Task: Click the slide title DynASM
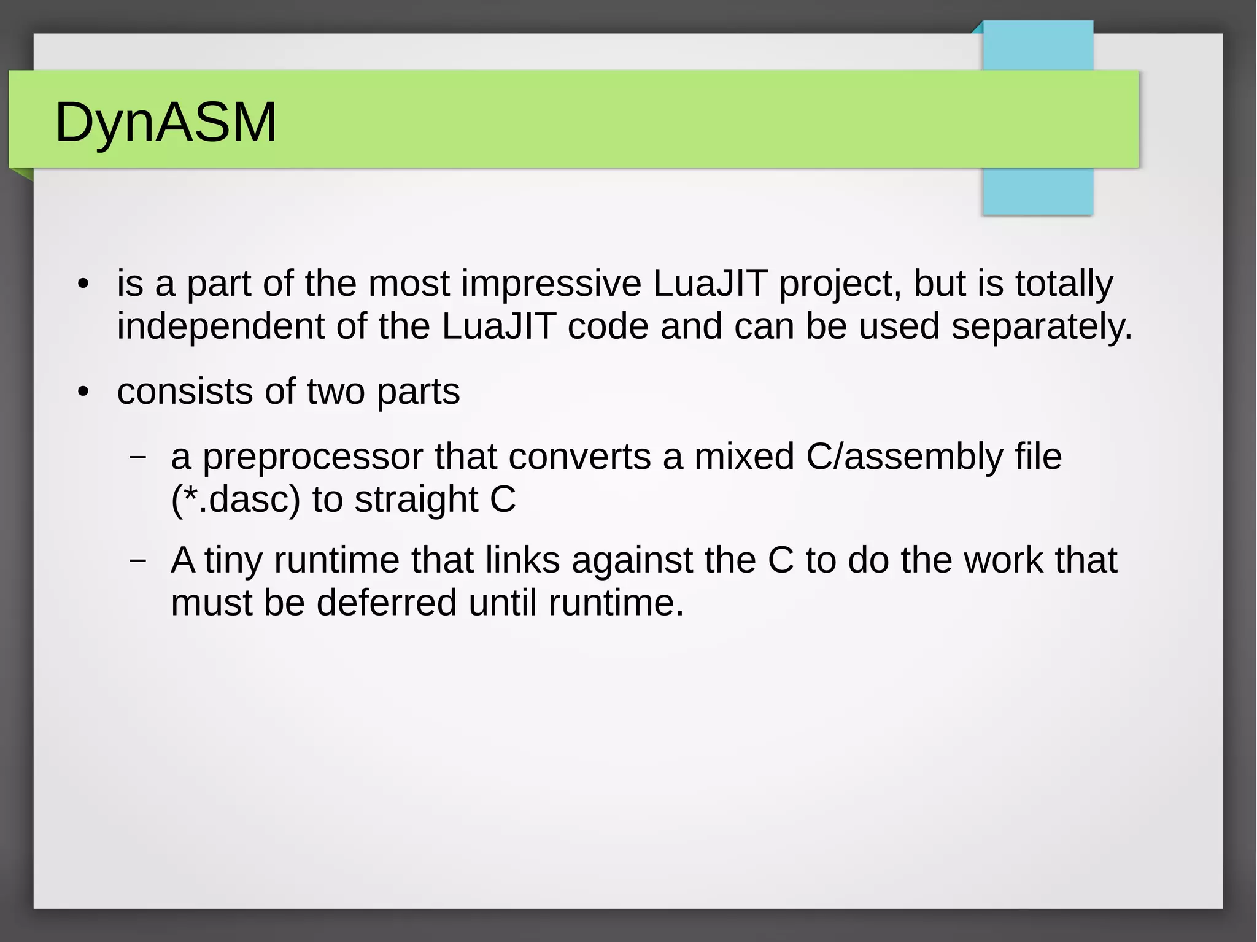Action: tap(166, 122)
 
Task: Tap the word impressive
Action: tap(551, 284)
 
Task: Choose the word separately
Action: tap(1041, 326)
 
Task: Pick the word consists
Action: tap(185, 392)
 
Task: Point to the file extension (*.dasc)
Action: tap(236, 500)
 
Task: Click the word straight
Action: tap(416, 500)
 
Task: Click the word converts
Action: tap(579, 458)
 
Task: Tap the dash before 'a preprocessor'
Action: tap(138, 457)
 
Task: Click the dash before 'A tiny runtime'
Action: tap(138, 560)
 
